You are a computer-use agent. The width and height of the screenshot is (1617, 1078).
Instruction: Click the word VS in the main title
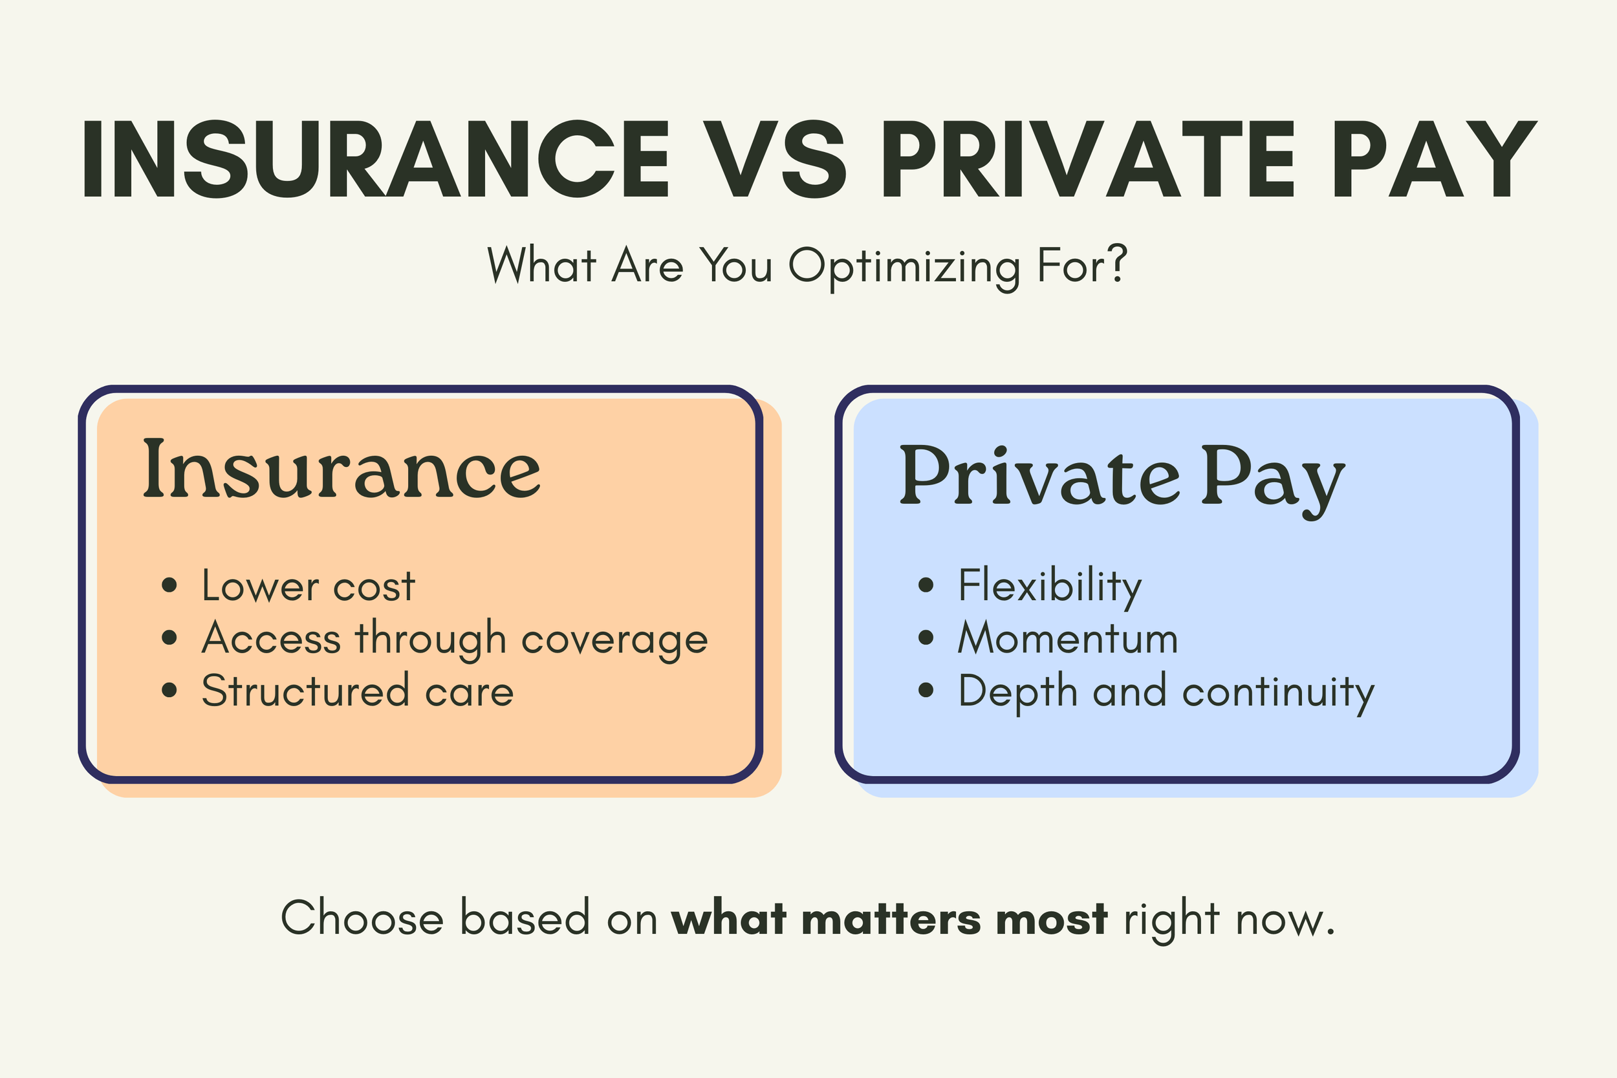point(774,159)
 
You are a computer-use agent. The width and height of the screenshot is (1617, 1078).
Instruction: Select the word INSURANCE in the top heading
point(375,159)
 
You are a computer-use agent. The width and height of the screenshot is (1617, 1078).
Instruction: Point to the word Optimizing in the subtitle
point(904,266)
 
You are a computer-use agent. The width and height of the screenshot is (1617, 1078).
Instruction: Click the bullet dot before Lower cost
point(169,585)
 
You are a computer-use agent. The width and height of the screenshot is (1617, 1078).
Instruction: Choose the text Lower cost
point(308,587)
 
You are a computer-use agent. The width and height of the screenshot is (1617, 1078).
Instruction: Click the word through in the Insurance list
point(431,639)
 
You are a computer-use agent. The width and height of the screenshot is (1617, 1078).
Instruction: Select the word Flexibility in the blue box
point(1050,587)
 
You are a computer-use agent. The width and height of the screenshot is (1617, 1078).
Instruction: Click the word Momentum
point(1069,638)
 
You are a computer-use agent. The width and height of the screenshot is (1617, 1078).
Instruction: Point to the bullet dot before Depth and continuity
point(926,690)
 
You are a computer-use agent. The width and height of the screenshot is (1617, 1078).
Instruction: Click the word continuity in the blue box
point(1278,693)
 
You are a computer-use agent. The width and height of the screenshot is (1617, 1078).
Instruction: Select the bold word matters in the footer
point(891,918)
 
